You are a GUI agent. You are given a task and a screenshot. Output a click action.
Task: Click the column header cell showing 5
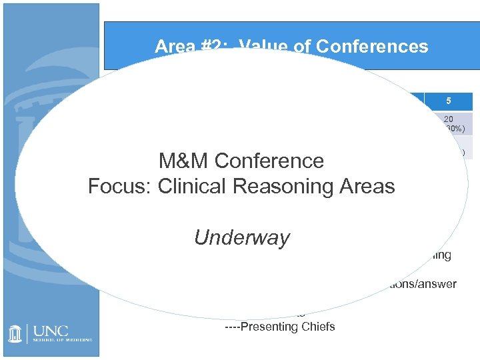[x=449, y=101]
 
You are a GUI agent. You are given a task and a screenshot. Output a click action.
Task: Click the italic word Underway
[x=241, y=237]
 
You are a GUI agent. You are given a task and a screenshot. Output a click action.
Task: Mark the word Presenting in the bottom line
[x=270, y=327]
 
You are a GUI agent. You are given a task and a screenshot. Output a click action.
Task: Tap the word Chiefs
[x=318, y=327]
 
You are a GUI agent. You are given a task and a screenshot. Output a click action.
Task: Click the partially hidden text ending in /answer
[x=420, y=284]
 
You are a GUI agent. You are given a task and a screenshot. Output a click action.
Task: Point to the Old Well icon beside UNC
[x=15, y=334]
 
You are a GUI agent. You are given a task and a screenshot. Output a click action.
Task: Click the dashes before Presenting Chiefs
[x=233, y=327]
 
